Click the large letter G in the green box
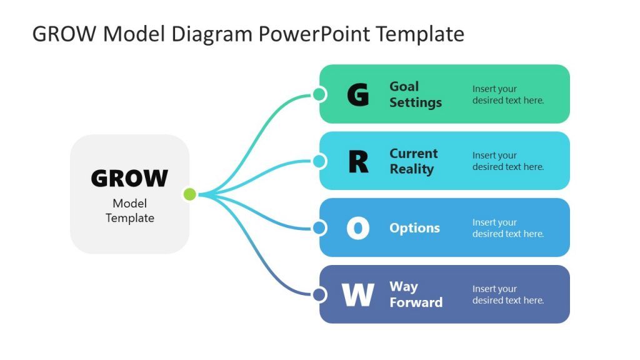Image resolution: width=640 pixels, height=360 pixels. [357, 95]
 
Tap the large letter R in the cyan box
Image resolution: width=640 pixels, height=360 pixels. [358, 162]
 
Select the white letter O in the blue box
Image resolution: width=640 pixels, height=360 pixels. [358, 228]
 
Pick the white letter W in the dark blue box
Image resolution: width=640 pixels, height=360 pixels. [358, 295]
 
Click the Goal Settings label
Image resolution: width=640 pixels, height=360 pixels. [416, 94]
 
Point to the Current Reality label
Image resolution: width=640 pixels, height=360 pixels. [414, 161]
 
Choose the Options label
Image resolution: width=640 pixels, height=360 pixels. [414, 228]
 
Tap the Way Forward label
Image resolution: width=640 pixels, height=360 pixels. [416, 294]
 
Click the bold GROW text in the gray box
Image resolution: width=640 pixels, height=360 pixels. [129, 179]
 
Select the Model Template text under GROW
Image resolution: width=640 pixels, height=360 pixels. [129, 211]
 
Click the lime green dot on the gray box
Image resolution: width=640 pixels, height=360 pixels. [189, 194]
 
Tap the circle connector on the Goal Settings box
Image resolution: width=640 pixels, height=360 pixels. [319, 94]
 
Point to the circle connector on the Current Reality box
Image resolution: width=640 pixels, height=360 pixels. [319, 161]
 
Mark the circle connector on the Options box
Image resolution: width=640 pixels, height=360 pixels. [319, 227]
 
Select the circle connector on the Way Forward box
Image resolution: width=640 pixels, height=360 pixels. [319, 294]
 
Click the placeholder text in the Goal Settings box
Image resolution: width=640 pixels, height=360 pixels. [507, 94]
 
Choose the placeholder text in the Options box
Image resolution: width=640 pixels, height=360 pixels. [507, 228]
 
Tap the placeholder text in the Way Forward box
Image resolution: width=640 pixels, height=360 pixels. [507, 294]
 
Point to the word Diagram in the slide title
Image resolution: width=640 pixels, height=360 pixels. [210, 34]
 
